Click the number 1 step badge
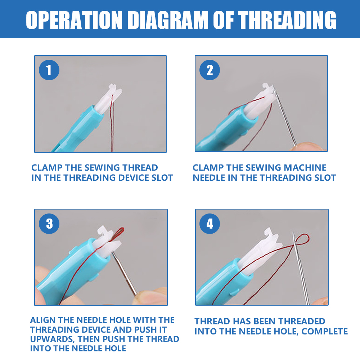(49, 71)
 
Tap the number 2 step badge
(210, 71)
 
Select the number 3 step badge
(49, 224)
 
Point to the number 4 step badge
(210, 224)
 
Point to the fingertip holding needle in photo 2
(308, 146)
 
